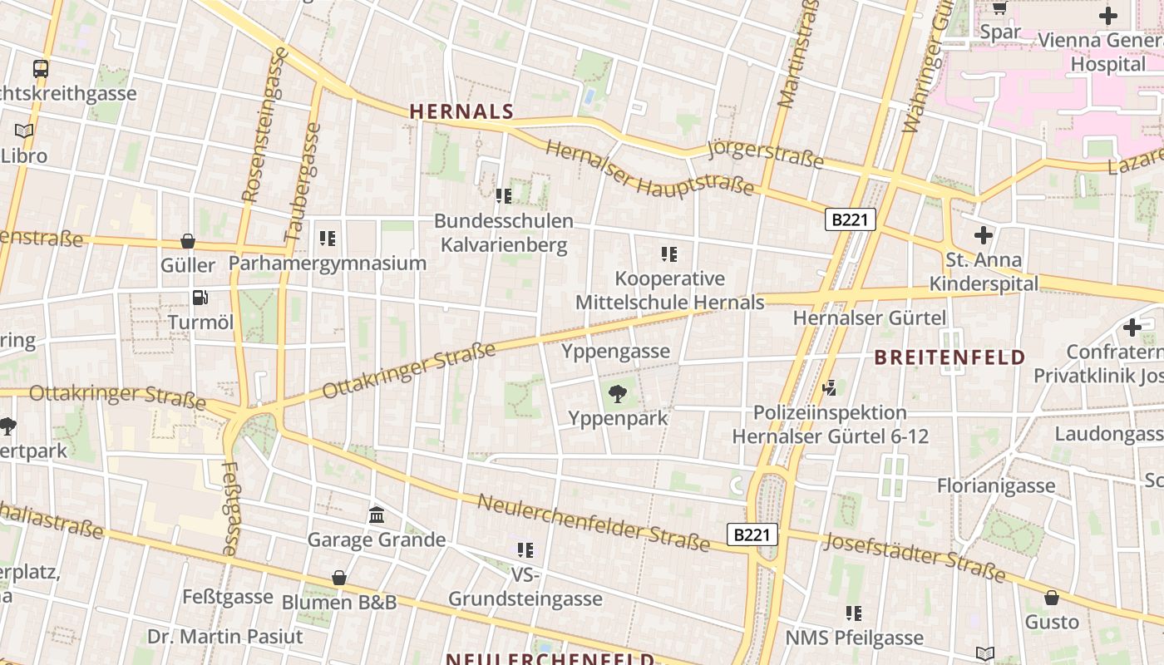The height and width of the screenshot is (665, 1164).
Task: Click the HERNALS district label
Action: coord(461,111)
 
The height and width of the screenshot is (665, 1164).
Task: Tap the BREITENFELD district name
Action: coord(949,357)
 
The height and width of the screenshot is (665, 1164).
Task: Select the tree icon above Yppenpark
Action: coord(618,394)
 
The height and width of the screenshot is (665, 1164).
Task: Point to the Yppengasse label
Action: coord(615,351)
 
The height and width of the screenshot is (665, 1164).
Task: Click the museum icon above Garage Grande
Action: coord(377,515)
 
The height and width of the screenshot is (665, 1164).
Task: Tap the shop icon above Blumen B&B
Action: coord(339,577)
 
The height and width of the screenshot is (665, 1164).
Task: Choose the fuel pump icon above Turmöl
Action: coord(200,298)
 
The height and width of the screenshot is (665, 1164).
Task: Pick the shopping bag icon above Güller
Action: coord(188,241)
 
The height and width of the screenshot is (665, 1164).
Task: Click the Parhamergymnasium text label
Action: coord(327,264)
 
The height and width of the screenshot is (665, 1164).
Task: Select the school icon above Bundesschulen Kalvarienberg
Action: coord(503,196)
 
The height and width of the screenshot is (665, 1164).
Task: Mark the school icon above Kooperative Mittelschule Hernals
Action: coord(669,254)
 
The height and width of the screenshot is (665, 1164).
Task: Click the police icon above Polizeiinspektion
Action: coord(829,387)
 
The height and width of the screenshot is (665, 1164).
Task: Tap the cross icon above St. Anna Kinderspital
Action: coord(984,235)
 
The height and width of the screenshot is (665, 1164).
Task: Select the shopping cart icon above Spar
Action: coord(999,8)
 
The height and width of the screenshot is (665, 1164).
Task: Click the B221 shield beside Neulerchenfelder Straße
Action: coord(752,534)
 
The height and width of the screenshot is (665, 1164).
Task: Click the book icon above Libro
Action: coord(24,131)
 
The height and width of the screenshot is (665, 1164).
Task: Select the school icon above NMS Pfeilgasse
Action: coord(854,613)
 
